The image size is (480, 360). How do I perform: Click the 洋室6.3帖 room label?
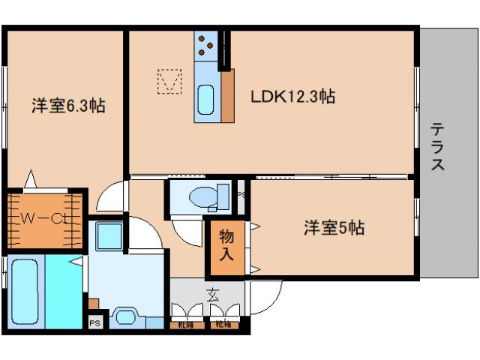pyautogui.click(x=67, y=106)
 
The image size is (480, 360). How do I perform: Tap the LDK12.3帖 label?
pyautogui.click(x=292, y=96)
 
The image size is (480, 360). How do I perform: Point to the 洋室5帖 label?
pyautogui.click(x=334, y=227)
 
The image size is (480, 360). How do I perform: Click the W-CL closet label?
pyautogui.click(x=44, y=220)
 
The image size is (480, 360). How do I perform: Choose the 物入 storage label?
pyautogui.click(x=226, y=245)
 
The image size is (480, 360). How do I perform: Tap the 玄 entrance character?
pyautogui.click(x=213, y=295)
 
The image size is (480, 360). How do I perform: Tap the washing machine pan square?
pyautogui.click(x=109, y=236)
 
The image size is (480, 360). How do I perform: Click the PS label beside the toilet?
pyautogui.click(x=239, y=193)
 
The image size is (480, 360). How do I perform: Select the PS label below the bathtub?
pyautogui.click(x=94, y=323)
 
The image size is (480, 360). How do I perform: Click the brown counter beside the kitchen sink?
pyautogui.click(x=227, y=95)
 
